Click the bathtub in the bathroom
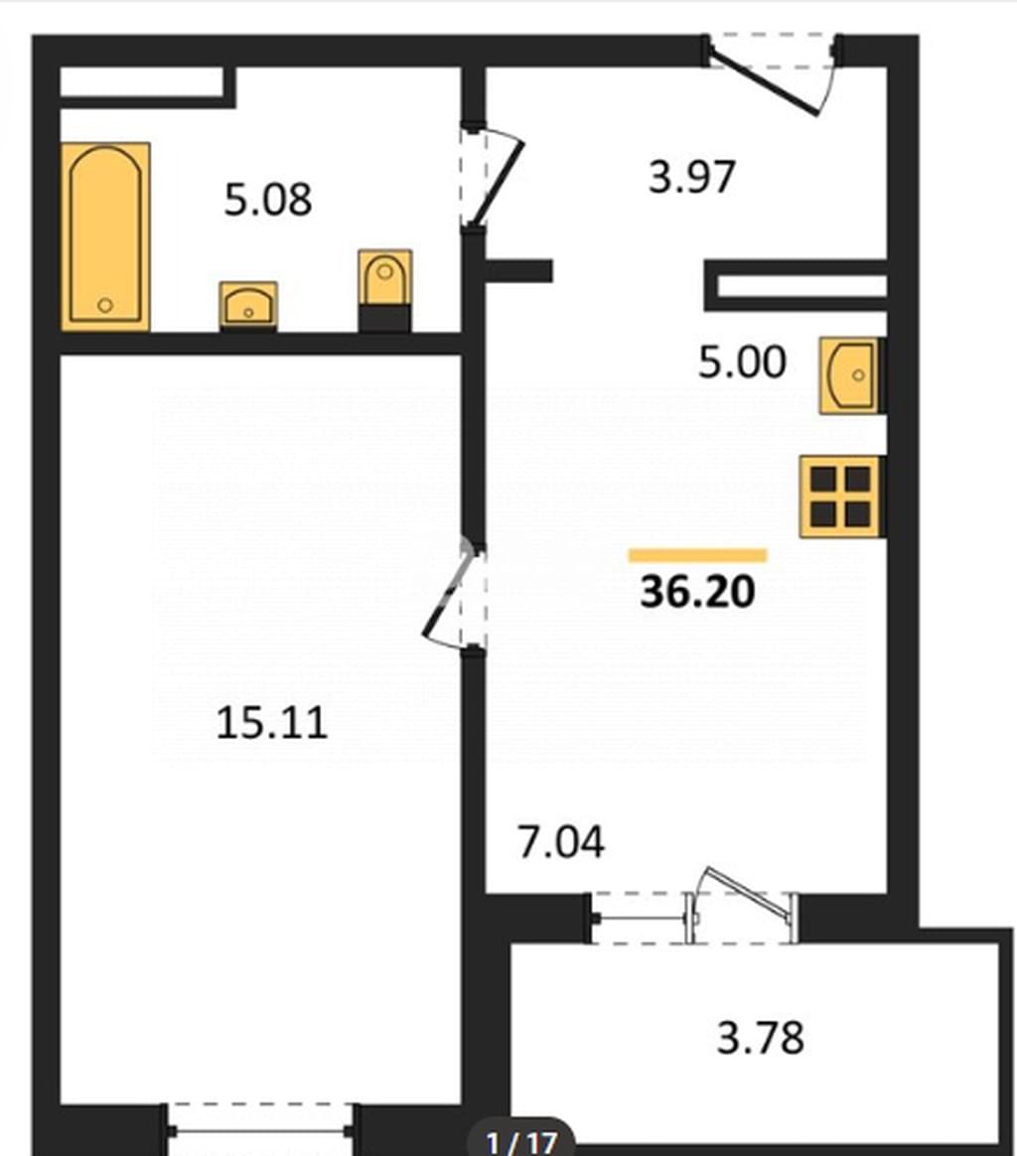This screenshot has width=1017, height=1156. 105,236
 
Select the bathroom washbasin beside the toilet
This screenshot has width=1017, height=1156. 248,305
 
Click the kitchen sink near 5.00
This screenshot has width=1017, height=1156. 849,375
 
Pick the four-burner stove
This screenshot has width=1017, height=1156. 840,497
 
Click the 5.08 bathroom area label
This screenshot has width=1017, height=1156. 268,200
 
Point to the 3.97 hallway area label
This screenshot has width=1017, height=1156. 692,178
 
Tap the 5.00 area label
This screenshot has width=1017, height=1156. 742,361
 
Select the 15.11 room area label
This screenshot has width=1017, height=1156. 271,723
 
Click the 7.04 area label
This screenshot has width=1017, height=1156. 561,842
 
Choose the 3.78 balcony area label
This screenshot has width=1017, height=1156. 761,1038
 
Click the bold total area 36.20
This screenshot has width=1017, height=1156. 697,591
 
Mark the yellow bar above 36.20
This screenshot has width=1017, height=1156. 697,556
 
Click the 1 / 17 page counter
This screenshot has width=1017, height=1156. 521,1142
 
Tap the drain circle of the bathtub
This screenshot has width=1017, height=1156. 105,305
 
